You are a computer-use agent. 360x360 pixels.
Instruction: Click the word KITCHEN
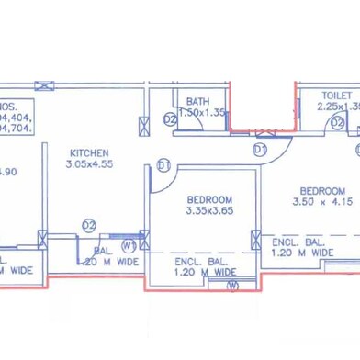(x=89, y=153)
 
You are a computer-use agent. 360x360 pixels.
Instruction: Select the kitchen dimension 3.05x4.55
(x=89, y=164)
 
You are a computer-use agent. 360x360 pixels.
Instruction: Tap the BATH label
(x=198, y=101)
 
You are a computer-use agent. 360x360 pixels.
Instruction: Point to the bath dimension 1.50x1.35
(x=202, y=112)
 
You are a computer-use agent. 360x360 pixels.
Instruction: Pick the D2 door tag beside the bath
(x=170, y=119)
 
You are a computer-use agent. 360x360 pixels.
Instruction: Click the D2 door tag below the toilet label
(x=337, y=122)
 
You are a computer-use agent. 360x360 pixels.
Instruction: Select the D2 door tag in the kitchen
(x=89, y=224)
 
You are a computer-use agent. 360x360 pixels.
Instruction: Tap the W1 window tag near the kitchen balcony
(x=129, y=245)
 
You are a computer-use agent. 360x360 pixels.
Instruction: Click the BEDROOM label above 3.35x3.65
(x=209, y=199)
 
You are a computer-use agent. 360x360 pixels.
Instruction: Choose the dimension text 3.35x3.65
(x=209, y=210)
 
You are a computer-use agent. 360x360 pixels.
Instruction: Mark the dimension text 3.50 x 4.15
(x=322, y=201)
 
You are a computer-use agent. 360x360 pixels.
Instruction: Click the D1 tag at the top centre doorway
(x=260, y=148)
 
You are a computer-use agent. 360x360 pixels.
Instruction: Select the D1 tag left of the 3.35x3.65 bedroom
(x=164, y=165)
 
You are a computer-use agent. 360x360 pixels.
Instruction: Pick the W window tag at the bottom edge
(x=232, y=286)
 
